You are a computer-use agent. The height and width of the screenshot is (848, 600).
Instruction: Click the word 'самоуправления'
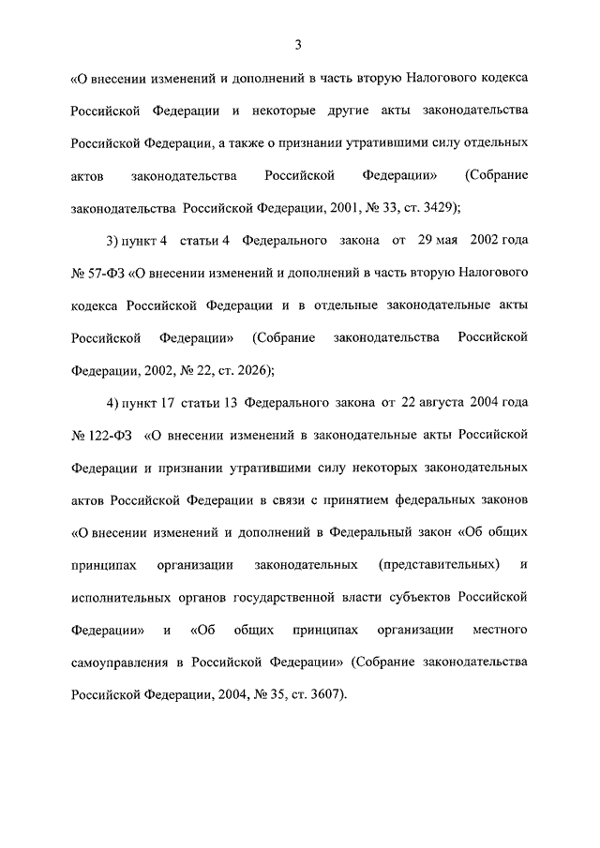click(119, 661)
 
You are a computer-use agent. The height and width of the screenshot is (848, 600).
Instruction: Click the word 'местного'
click(502, 628)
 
